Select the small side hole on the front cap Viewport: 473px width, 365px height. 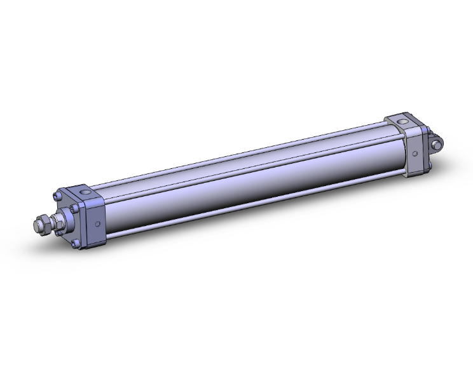pos(97,223)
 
